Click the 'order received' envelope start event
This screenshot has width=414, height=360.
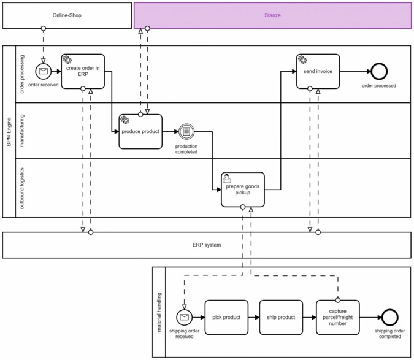pyautogui.click(x=43, y=71)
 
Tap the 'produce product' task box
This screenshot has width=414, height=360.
pyautogui.click(x=140, y=131)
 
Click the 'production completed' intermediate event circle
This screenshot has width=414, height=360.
pyautogui.click(x=186, y=131)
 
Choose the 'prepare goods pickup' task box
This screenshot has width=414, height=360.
pyautogui.click(x=243, y=190)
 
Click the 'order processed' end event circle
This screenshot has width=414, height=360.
pyautogui.click(x=379, y=71)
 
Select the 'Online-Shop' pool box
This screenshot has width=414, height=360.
pyautogui.click(x=67, y=15)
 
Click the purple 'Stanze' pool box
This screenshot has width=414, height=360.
pyautogui.click(x=272, y=15)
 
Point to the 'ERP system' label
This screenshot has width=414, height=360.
pyautogui.click(x=207, y=245)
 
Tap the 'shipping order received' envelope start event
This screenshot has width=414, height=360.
pyautogui.click(x=185, y=317)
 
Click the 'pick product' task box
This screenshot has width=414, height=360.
pyautogui.click(x=226, y=317)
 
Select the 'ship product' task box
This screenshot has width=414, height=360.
pyautogui.click(x=281, y=317)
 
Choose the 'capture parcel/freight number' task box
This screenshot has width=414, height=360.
pyautogui.click(x=338, y=317)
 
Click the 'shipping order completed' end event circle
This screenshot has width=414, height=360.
pyautogui.click(x=389, y=317)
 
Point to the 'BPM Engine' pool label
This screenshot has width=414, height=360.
pyautogui.click(x=9, y=131)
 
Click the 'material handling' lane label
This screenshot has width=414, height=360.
pyautogui.click(x=159, y=312)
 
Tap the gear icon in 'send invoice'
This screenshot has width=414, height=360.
pyautogui.click(x=302, y=59)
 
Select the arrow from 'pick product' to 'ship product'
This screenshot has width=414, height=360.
pyautogui.click(x=254, y=317)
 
